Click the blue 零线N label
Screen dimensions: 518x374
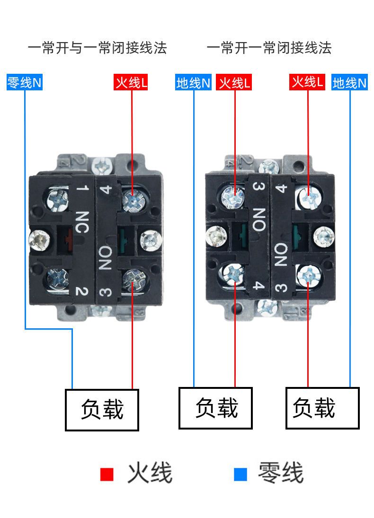point(25,83)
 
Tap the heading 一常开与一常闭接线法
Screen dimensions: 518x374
point(97,48)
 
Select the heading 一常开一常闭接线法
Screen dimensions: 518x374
point(269,48)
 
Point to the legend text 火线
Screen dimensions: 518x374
point(150,474)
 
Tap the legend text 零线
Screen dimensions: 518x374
point(280,474)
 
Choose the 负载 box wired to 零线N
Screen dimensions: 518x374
point(102,410)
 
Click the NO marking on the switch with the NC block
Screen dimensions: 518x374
point(105,258)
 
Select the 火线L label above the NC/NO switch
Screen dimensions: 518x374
point(132,83)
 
